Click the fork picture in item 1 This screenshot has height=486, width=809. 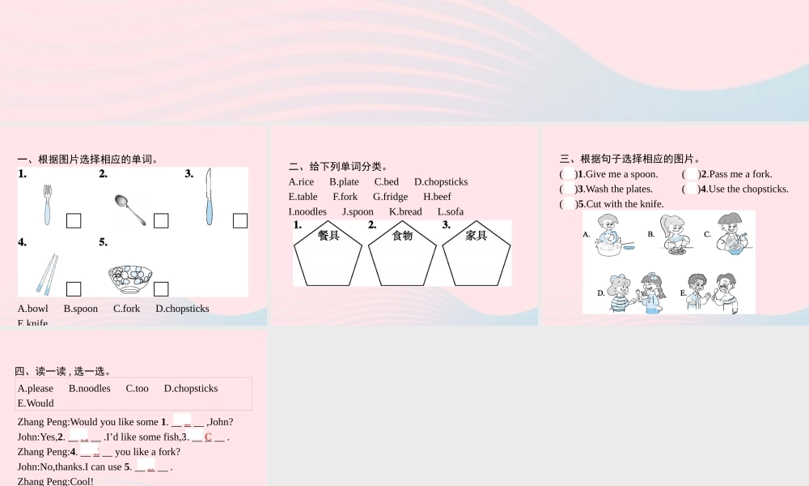coord(48,205)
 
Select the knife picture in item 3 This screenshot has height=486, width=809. coord(209,197)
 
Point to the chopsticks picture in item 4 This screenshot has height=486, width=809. coord(47,274)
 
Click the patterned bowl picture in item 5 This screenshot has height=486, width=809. coord(130,279)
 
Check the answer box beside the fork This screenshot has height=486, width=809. coord(74,220)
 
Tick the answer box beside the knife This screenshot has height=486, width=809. coord(240,220)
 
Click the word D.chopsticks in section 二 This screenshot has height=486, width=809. coord(441,182)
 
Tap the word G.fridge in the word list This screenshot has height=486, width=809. coord(390,197)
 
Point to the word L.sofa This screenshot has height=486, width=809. coord(451,212)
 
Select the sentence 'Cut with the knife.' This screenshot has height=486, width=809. coord(625,204)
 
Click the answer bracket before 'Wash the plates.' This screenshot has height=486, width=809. coord(568,190)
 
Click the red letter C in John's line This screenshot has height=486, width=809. coord(208,437)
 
